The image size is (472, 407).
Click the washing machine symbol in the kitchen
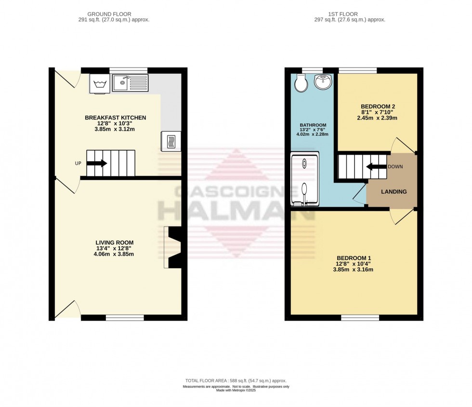point(100,84)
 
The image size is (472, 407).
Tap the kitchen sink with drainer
point(130,83)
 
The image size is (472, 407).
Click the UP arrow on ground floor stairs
point(97,163)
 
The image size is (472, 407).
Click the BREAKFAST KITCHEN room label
point(115,118)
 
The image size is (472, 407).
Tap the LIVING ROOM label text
point(114,243)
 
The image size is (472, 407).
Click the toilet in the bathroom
point(301,83)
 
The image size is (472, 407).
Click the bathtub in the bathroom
point(304,179)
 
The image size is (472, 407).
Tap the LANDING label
point(393,192)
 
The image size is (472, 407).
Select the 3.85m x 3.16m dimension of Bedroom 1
point(353,270)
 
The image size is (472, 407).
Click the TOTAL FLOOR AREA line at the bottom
point(236,381)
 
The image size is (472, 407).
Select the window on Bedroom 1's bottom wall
point(360,317)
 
